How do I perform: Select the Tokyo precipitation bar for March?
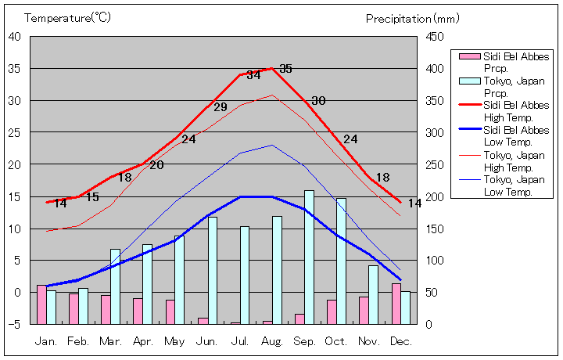(115, 286)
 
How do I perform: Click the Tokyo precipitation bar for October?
(341, 261)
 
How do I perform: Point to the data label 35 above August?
(285, 69)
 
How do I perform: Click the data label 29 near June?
(221, 107)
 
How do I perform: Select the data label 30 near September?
(318, 101)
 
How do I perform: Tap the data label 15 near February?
(92, 197)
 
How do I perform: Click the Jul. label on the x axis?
(239, 341)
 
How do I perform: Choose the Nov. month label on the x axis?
(368, 341)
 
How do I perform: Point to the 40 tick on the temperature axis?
(15, 36)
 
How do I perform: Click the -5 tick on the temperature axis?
(15, 324)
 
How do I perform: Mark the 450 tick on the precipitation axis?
(434, 36)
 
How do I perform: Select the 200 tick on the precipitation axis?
(434, 196)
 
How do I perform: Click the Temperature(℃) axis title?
(69, 17)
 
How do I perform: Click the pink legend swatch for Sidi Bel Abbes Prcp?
(468, 56)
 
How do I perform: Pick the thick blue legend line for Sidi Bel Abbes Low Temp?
(468, 130)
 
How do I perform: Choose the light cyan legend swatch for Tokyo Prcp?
(468, 81)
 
